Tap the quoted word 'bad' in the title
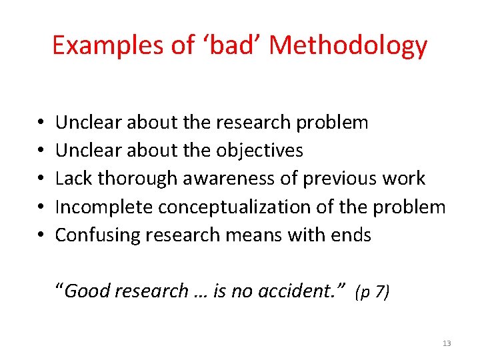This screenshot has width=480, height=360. pos(222,45)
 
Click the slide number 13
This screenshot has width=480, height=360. pos(446,343)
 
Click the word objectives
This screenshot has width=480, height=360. pos(259,151)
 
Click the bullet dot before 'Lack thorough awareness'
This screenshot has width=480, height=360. pos(41,179)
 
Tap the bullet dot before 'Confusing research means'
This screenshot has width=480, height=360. pos(41,235)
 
